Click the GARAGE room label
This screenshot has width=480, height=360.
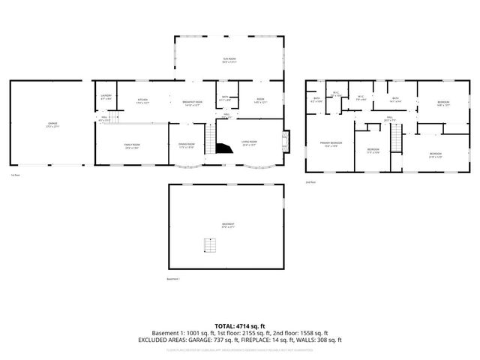[x=52, y=123]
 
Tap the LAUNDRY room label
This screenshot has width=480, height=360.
[x=106, y=95]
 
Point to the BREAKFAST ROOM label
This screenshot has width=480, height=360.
[x=192, y=102]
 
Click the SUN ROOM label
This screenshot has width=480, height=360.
[x=229, y=59]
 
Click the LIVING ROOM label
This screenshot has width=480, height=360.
[x=249, y=142]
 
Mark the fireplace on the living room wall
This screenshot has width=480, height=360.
[x=283, y=141]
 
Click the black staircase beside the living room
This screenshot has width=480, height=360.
[x=220, y=146]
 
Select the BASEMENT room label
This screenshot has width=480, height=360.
[x=226, y=224]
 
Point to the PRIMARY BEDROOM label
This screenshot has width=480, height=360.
[x=331, y=143]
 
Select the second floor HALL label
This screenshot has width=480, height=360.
[x=390, y=118]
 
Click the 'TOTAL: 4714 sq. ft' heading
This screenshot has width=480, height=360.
[x=239, y=325]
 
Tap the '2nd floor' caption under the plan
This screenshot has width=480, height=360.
[x=310, y=181]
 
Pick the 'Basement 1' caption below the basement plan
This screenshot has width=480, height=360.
[x=173, y=279]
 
